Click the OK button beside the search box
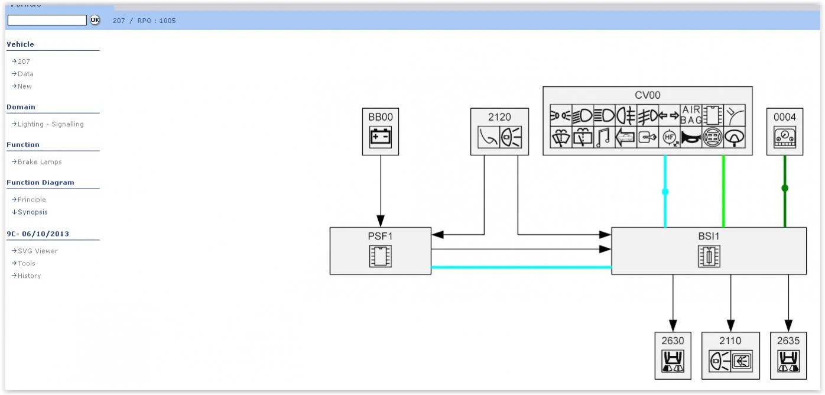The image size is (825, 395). click(x=95, y=20)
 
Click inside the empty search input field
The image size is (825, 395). click(x=47, y=20)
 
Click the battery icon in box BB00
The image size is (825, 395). click(x=381, y=137)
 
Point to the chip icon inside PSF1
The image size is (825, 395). click(x=381, y=256)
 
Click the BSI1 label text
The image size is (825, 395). click(x=709, y=236)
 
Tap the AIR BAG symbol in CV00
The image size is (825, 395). click(x=691, y=115)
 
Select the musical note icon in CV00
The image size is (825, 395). click(x=604, y=137)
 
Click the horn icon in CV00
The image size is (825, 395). click(x=691, y=137)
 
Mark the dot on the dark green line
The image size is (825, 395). click(x=785, y=188)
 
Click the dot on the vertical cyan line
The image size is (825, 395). click(x=665, y=192)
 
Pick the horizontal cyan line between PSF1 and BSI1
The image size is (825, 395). click(x=521, y=267)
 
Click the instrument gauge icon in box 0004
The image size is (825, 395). click(x=785, y=137)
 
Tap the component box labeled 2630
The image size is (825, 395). click(x=673, y=355)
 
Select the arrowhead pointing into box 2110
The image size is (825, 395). click(x=730, y=326)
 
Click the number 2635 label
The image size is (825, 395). click(x=788, y=341)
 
